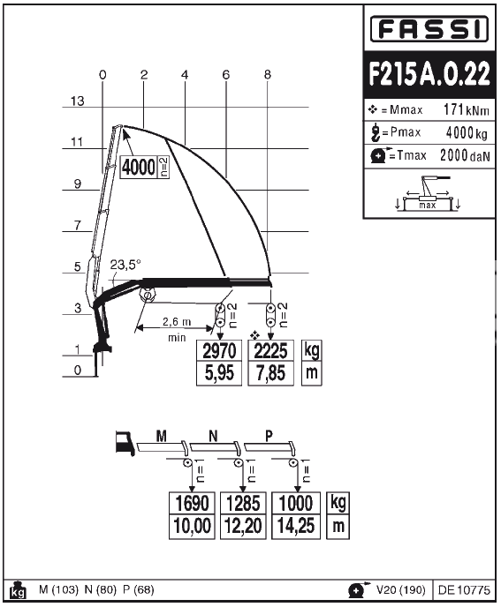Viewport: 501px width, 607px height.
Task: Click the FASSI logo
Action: click(429, 28)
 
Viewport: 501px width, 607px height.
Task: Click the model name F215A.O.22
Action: click(429, 73)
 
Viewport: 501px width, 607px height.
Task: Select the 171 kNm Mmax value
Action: click(467, 110)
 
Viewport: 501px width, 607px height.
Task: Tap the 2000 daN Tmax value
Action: click(465, 155)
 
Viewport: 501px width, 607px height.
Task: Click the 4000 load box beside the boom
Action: click(139, 168)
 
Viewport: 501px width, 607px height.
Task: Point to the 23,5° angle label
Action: click(125, 265)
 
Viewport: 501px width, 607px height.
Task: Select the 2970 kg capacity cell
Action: click(219, 351)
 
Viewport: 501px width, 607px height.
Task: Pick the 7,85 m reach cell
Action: click(270, 373)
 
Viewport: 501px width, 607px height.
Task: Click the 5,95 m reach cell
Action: click(219, 373)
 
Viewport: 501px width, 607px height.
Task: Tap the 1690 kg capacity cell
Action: click(192, 503)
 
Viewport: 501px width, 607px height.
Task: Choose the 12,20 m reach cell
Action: click(243, 527)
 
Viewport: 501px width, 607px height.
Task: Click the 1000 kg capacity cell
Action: click(296, 503)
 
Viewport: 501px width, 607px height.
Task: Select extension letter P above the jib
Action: click(269, 436)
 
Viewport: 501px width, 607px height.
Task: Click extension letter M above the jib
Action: click(162, 436)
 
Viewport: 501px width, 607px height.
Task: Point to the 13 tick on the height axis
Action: click(77, 101)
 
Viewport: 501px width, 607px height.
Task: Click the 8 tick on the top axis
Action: click(268, 74)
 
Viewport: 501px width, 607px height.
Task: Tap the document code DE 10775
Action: click(464, 590)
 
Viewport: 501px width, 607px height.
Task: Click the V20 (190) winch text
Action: click(401, 590)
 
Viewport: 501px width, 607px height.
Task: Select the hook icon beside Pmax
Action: click(375, 132)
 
